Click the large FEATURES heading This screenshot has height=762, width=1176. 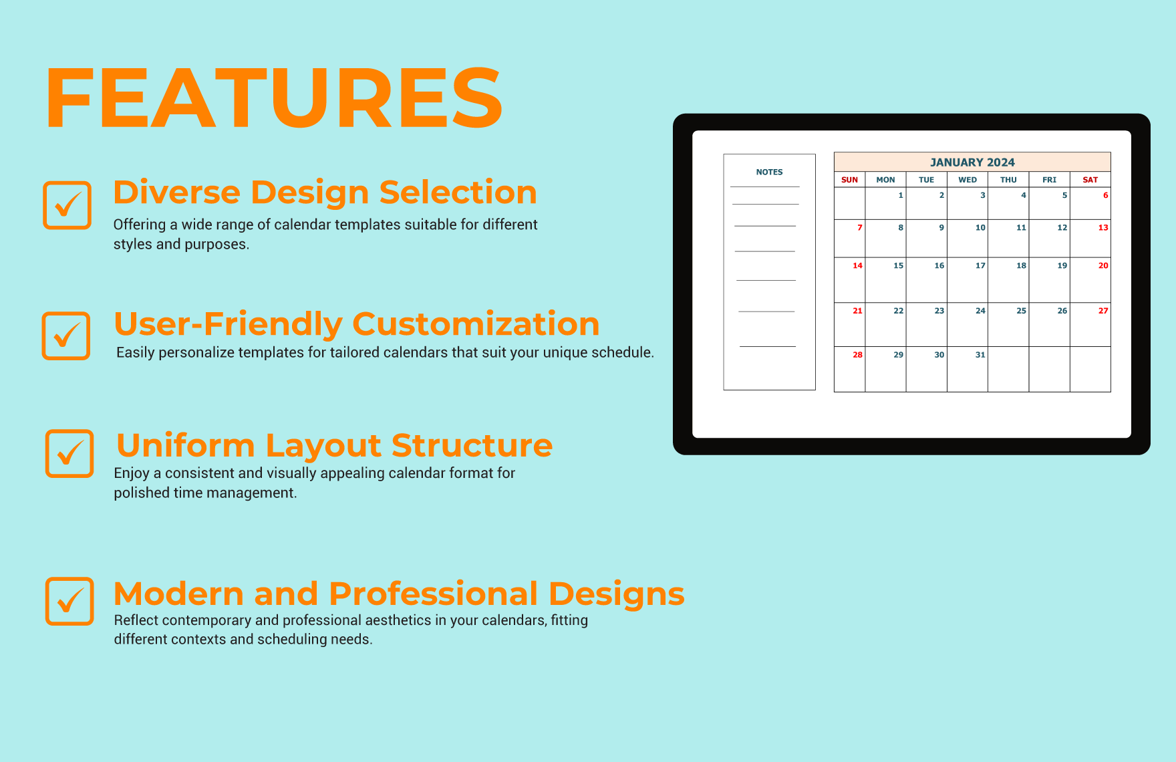point(274,98)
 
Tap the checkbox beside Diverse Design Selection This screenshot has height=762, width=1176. point(67,205)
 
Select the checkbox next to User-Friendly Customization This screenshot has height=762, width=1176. point(66,336)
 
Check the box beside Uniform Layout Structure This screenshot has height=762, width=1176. point(69,453)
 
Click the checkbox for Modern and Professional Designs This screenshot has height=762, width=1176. point(69,601)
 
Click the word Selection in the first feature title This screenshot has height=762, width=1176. point(458,193)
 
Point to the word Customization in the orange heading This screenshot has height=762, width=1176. point(475,324)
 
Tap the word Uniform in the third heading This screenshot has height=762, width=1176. point(185,446)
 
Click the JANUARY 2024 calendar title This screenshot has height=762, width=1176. point(972,162)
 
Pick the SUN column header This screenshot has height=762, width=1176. point(849,180)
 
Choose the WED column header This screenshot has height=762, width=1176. point(967,180)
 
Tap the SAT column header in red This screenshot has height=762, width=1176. point(1090,180)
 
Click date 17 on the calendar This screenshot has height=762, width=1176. point(980,266)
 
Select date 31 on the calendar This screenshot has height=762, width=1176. point(980,355)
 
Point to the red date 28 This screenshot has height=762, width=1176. point(857,355)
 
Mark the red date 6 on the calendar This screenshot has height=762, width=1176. point(1105,196)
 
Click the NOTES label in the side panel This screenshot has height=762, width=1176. point(769,172)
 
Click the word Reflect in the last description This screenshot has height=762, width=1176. point(136,620)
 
